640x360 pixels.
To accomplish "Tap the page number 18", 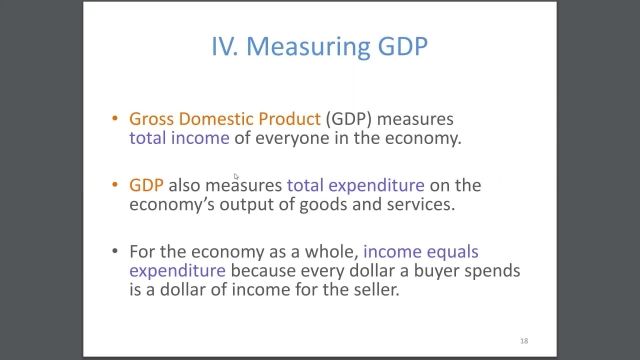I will tap(523, 341).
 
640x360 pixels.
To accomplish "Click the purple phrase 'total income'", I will tap(179, 138).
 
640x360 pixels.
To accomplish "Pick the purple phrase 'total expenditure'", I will tap(355, 185).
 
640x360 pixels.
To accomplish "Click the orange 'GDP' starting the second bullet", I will tap(146, 185).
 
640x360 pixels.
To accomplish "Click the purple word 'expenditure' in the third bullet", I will tap(176, 271).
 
